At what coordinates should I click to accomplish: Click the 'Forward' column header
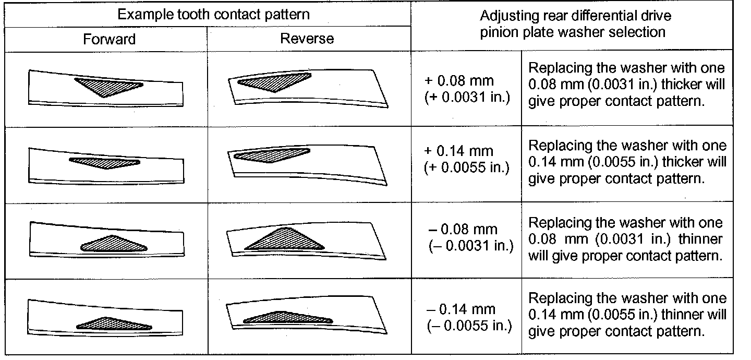coord(109,39)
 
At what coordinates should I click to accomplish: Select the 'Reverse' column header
coord(307,39)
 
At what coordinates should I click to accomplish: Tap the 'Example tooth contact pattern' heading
coord(213,14)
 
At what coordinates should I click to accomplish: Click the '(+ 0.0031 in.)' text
coord(467,98)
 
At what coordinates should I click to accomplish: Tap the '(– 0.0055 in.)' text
coord(469,326)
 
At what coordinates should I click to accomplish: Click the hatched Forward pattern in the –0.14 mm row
coord(112,324)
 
